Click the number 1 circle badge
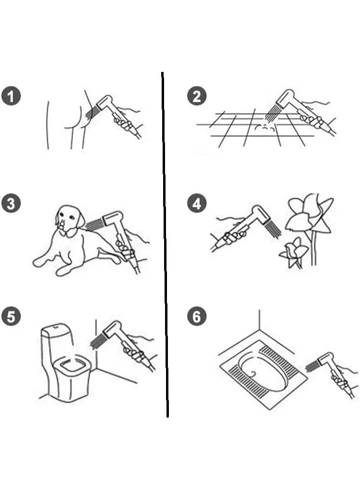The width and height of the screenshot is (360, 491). (11, 96)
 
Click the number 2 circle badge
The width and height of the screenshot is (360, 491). (197, 96)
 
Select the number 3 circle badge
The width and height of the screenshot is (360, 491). (11, 204)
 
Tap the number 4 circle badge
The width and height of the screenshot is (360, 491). (197, 204)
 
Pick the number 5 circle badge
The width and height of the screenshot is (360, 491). (11, 316)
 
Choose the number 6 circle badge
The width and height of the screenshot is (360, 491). (197, 316)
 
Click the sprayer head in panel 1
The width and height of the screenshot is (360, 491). (104, 102)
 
